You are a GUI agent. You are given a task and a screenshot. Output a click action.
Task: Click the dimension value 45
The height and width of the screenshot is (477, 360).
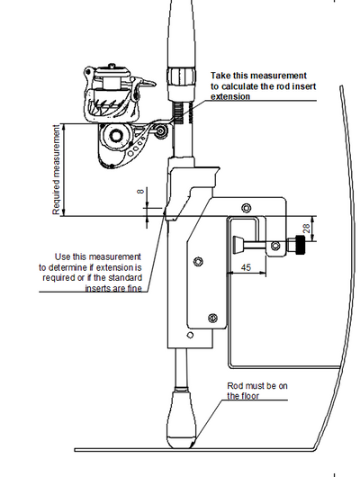point(246,267)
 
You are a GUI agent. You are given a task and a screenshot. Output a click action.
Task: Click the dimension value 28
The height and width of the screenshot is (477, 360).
point(306,229)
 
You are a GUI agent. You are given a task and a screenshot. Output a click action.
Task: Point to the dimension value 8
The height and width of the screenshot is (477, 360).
point(140,192)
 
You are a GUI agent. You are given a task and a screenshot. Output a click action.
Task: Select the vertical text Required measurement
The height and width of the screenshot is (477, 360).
point(57,170)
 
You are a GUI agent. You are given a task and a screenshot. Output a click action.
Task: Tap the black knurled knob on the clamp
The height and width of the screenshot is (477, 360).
point(301,245)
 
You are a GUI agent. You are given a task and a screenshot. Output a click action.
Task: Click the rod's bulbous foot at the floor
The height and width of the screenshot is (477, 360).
point(183,419)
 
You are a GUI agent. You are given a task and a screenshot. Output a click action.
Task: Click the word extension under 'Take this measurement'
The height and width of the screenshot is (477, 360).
point(230,96)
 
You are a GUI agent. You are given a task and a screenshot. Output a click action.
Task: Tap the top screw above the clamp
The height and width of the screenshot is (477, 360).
point(247,208)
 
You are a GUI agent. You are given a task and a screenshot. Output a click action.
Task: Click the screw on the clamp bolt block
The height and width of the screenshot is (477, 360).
point(275,246)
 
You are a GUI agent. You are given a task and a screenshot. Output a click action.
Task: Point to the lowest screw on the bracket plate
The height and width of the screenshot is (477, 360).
point(212,319)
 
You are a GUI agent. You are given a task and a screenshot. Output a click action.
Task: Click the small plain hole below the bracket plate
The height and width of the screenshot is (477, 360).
point(190,335)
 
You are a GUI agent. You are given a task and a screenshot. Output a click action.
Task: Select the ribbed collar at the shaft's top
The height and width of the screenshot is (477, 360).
point(180,76)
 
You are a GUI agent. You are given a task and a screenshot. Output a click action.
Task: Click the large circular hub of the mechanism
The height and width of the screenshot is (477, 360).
point(115,136)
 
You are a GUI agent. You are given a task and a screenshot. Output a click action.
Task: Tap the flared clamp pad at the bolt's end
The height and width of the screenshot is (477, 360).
point(238,245)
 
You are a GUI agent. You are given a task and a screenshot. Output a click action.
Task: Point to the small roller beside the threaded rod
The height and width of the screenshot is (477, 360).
point(161,130)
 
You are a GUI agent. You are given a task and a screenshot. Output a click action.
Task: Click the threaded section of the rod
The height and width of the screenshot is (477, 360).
point(177,112)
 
